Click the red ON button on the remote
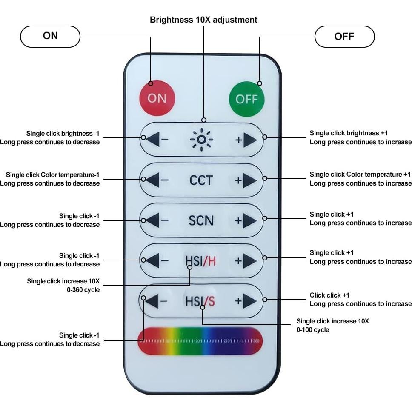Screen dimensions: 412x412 [157, 98]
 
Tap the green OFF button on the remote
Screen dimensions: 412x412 [246, 99]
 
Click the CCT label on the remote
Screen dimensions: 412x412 [201, 180]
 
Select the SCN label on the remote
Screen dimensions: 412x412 [201, 220]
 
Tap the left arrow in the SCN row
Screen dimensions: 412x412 [153, 220]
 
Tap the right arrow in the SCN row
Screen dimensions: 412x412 [249, 220]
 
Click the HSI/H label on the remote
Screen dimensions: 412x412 [200, 260]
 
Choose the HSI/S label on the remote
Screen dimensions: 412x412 [200, 301]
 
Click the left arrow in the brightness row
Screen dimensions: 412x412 [153, 139]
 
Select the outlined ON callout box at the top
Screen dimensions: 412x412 [50, 36]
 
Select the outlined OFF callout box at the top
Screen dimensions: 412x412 [344, 37]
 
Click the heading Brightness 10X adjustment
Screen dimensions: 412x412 [203, 20]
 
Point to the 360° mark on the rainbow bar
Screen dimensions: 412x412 [257, 341]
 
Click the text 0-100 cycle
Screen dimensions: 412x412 [313, 330]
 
